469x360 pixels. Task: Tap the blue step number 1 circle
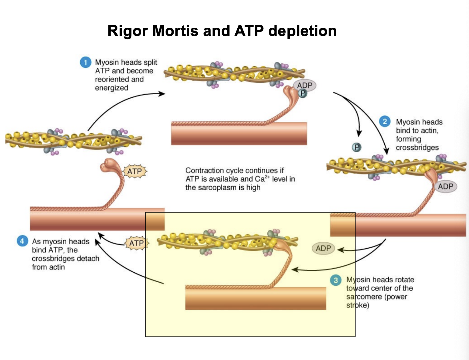pos(85,62)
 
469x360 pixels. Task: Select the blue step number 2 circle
pos(385,122)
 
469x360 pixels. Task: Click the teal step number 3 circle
pos(335,280)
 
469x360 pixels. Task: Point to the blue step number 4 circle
pos(22,241)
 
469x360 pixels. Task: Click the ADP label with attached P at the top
pos(305,86)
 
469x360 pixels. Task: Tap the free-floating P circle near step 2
pos(356,147)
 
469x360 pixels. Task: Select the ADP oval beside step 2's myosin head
pos(446,187)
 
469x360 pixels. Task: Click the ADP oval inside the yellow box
pos(323,248)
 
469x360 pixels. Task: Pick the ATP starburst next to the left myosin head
pos(135,171)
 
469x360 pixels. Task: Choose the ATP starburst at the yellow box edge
pos(137,243)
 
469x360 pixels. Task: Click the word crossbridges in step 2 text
pos(417,148)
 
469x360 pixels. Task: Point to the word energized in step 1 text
pos(112,88)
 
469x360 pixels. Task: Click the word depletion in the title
pos(302,31)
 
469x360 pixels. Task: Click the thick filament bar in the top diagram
pos(239,134)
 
